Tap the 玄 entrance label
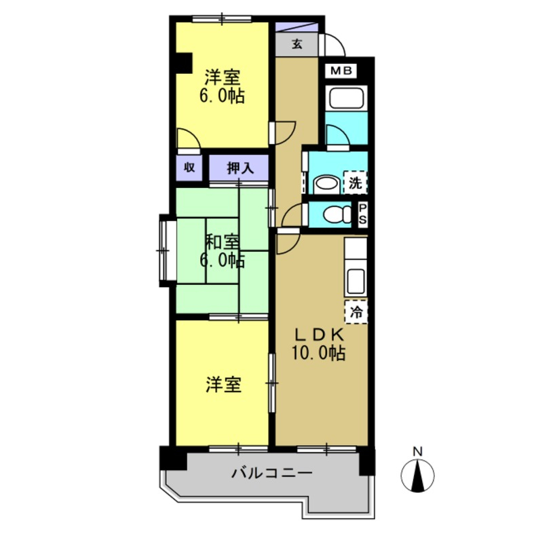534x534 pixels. pos(297,45)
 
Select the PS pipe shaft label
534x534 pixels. pos(363,214)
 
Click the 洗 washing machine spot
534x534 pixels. pos(356,182)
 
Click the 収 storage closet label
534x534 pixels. pos(189,168)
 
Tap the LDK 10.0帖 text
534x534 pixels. pos(319,344)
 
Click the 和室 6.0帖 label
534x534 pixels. pos(222,250)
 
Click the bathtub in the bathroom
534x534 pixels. pos(346,99)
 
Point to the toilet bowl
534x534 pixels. pos(333,214)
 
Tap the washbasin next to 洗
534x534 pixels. pos(328,183)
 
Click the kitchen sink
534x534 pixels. pos(356,279)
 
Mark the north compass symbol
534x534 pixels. pos(419,475)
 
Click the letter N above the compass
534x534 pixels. pos(419,451)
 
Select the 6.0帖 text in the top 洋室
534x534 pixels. pos(222,96)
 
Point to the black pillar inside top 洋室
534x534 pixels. pos(181,62)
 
